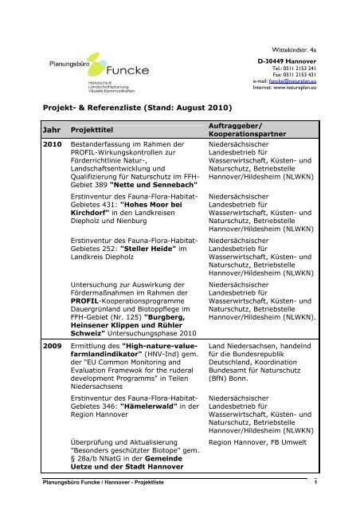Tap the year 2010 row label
click(x=33, y=145)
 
